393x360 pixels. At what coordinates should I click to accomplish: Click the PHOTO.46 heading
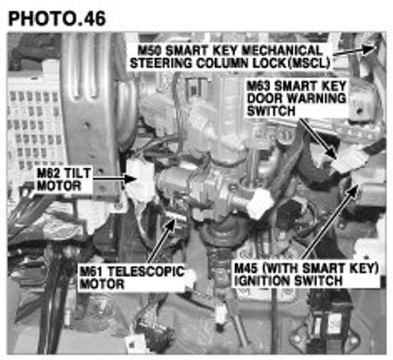57,18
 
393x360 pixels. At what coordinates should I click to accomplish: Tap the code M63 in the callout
260,85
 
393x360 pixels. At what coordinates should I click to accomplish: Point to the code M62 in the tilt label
49,174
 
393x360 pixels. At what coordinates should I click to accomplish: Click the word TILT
78,174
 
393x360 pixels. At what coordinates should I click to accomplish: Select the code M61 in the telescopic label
91,271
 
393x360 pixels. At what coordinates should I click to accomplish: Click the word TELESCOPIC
146,271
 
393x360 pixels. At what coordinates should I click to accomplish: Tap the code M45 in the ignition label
247,268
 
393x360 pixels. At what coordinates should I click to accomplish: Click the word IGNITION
264,281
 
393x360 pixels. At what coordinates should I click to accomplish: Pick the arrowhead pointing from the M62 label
131,178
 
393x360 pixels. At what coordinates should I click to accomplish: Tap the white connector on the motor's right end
260,203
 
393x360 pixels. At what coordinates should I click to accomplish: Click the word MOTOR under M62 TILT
59,186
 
